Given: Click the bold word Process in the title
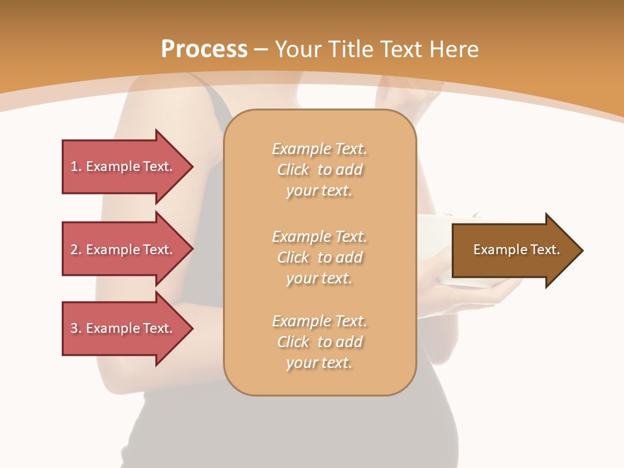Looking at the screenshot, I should (204, 49).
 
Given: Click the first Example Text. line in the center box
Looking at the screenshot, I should (319, 149).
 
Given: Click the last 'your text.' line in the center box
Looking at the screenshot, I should (319, 363).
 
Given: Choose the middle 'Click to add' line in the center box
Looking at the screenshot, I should (319, 257).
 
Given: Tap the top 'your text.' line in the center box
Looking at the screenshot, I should (319, 191).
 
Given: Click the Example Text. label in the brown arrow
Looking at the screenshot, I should (516, 250).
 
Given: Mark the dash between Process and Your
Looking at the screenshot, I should (261, 49).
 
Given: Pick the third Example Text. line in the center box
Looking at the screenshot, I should (319, 321).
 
